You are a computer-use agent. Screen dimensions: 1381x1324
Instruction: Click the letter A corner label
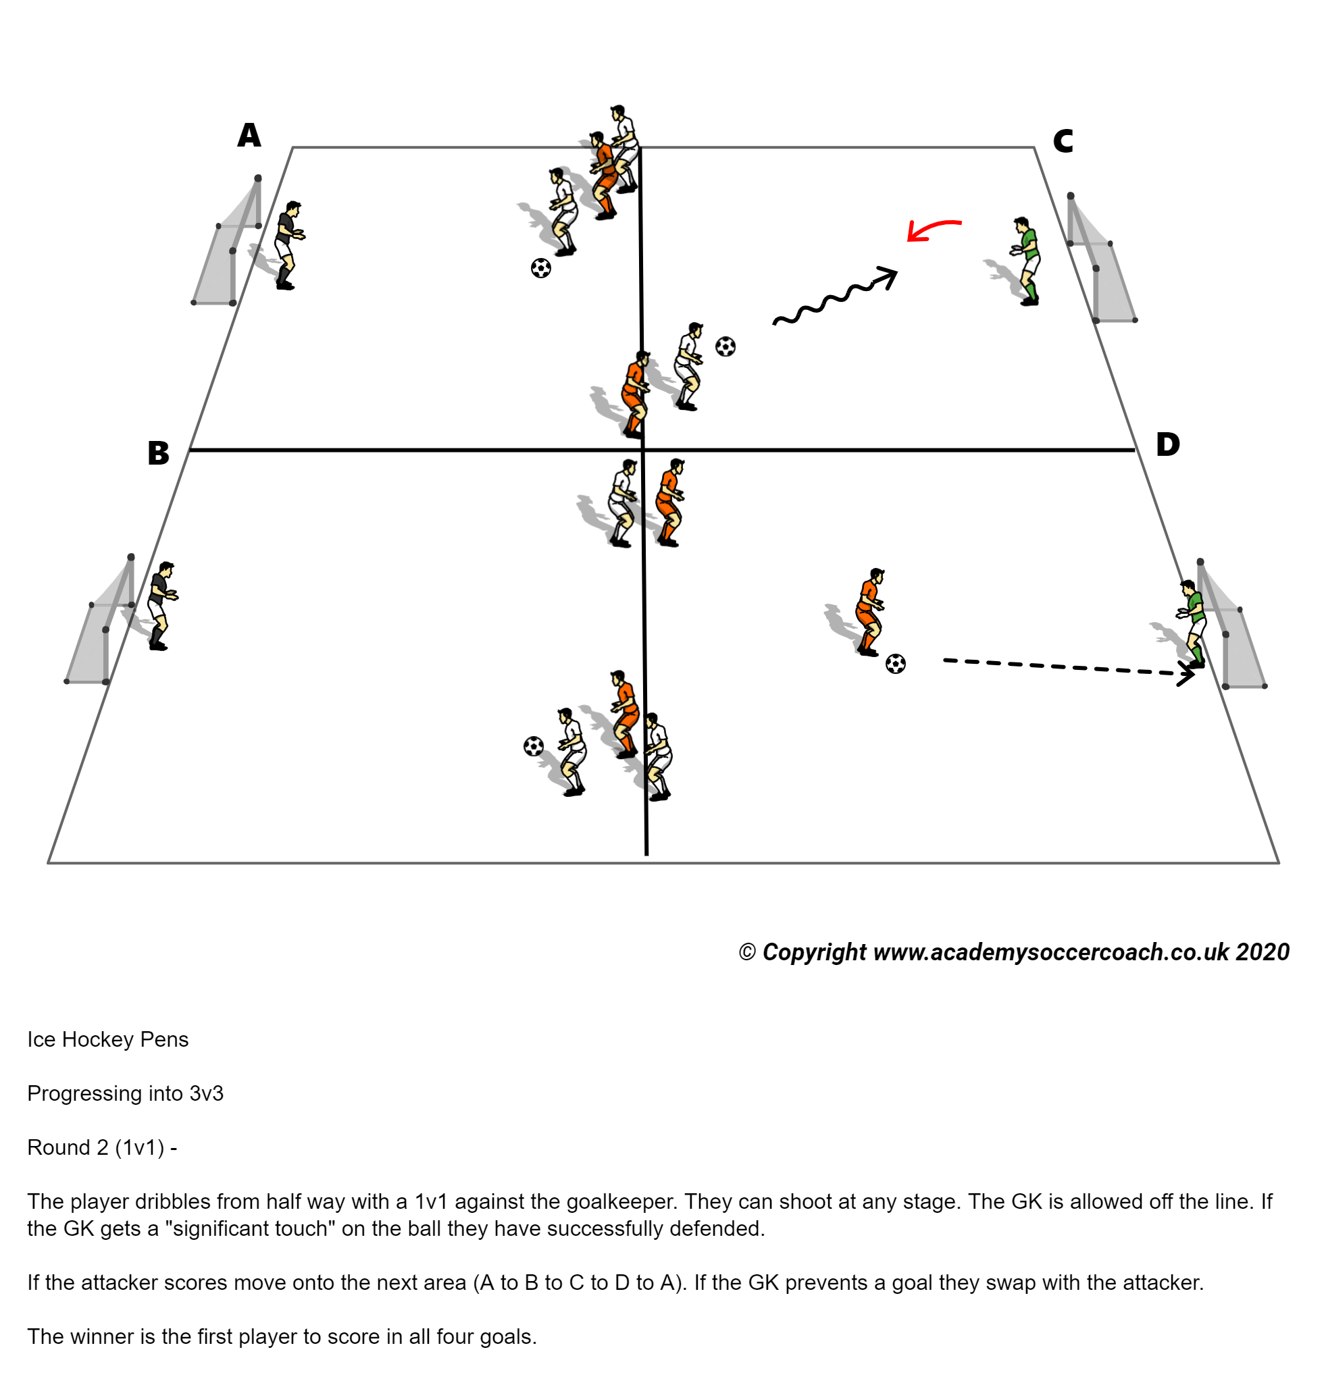click(249, 135)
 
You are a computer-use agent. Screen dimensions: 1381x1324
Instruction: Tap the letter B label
click(158, 453)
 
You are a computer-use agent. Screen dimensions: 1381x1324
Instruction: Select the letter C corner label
click(1062, 141)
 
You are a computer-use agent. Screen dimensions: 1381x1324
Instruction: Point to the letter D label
click(1167, 444)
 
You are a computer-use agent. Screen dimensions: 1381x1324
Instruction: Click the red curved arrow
click(932, 228)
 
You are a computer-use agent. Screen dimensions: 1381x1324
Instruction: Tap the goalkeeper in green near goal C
click(1026, 261)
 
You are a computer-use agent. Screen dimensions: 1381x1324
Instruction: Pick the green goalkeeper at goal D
click(1192, 623)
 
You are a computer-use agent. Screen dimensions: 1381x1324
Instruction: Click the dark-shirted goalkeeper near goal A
click(288, 245)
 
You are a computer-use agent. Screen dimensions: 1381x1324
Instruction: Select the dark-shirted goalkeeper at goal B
click(161, 605)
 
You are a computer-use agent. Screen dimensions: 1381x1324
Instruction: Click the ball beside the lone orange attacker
click(895, 663)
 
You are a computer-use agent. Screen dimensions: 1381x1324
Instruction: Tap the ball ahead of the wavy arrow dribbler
click(725, 346)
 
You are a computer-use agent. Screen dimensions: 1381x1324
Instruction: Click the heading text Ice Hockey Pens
click(108, 1039)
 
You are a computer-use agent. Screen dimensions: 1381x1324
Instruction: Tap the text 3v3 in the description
click(206, 1093)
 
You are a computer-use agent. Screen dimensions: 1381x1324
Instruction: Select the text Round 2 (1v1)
click(95, 1147)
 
